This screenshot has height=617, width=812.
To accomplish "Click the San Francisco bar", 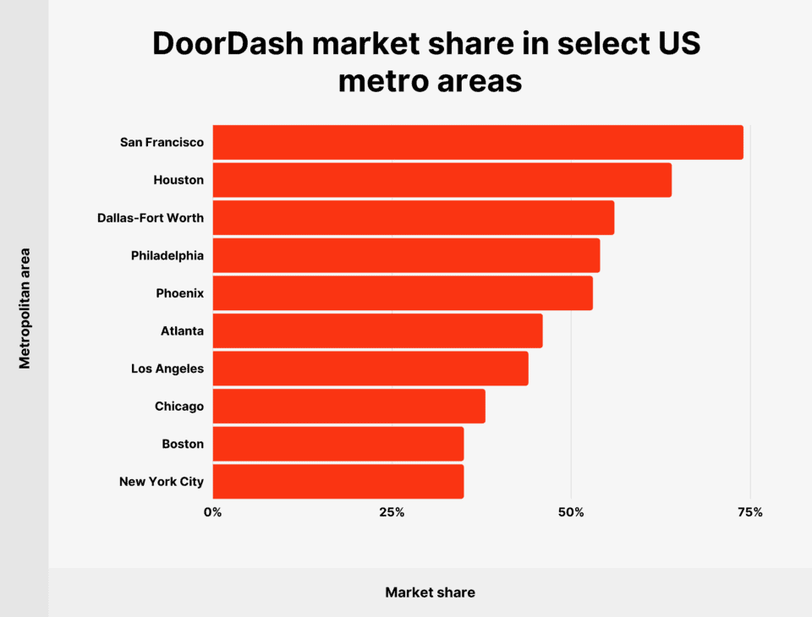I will (x=478, y=142).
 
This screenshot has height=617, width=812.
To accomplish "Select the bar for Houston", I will (x=442, y=180).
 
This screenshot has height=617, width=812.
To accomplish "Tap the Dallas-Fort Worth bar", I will (x=413, y=218).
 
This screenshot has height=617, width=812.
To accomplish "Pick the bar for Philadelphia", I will (x=406, y=255).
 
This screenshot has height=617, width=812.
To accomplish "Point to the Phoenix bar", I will (x=403, y=293).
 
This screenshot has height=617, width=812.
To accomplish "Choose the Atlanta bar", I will (x=377, y=330).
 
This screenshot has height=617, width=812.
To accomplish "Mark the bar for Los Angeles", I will (x=370, y=369).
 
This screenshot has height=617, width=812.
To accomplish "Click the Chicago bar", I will (x=348, y=407).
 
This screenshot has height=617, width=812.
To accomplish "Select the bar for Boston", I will (x=338, y=444).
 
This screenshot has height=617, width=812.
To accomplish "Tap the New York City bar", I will (x=338, y=482).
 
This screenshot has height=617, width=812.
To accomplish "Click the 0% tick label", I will (x=212, y=512).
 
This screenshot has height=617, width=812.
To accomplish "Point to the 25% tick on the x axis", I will (x=392, y=512).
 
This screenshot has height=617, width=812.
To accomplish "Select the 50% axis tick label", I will (x=571, y=512).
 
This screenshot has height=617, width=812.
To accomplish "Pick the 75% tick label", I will (x=750, y=512).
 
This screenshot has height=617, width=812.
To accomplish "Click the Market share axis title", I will (x=430, y=592).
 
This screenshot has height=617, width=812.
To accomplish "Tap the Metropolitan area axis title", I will (x=25, y=308).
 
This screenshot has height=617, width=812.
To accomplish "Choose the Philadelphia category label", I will (x=167, y=255).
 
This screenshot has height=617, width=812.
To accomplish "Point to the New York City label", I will (x=162, y=482).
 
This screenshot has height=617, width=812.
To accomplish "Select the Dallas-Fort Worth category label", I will (x=151, y=218).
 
